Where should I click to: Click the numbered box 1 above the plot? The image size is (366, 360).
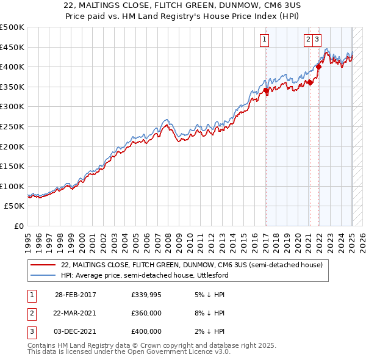[x=265, y=40]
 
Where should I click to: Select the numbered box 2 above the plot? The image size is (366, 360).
[x=309, y=40]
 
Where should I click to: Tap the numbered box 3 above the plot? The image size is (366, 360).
[x=318, y=40]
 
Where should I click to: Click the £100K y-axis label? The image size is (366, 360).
[x=12, y=186]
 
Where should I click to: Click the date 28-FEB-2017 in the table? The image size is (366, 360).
[x=76, y=295]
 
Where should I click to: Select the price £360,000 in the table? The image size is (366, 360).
[x=146, y=313]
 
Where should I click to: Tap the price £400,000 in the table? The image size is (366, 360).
[x=146, y=331]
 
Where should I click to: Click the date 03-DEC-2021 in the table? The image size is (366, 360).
[x=76, y=331]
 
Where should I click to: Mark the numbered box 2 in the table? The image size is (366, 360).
[x=30, y=313]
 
